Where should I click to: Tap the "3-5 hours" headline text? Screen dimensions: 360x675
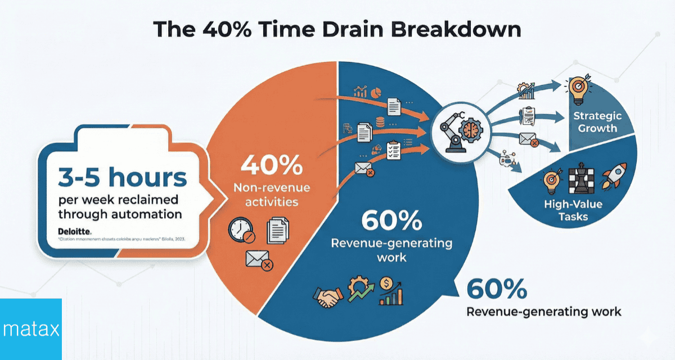[x=123, y=177]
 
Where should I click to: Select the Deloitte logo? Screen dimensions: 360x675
[x=74, y=231]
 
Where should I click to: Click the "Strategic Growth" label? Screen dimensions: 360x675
[x=597, y=122]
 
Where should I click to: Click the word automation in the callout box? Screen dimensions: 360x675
[x=151, y=214]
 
